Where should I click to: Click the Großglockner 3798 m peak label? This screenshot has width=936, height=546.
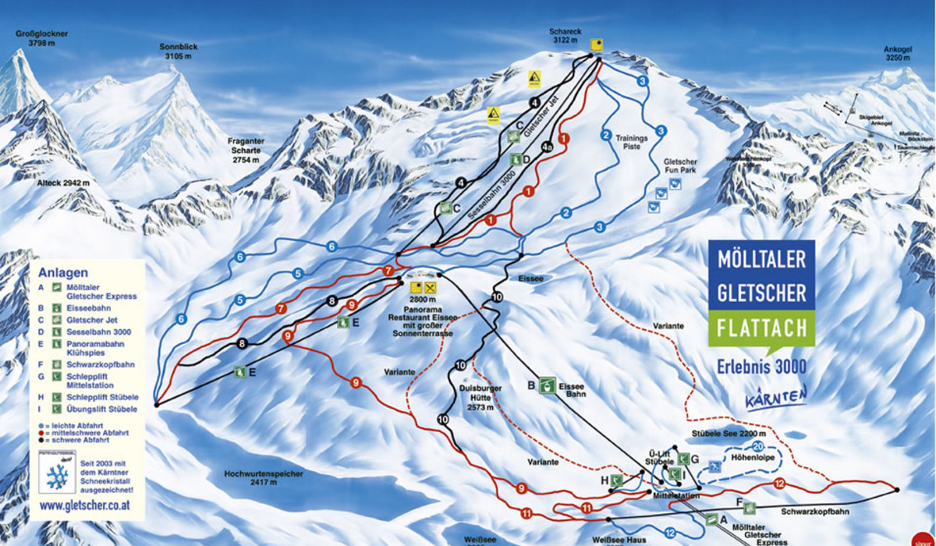(37, 39)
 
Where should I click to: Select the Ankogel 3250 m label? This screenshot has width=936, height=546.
(898, 52)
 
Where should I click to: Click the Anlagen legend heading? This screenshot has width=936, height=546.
(57, 273)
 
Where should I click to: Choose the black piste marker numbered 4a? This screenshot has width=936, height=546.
(548, 146)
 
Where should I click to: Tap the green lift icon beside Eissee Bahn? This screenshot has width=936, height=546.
(548, 385)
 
